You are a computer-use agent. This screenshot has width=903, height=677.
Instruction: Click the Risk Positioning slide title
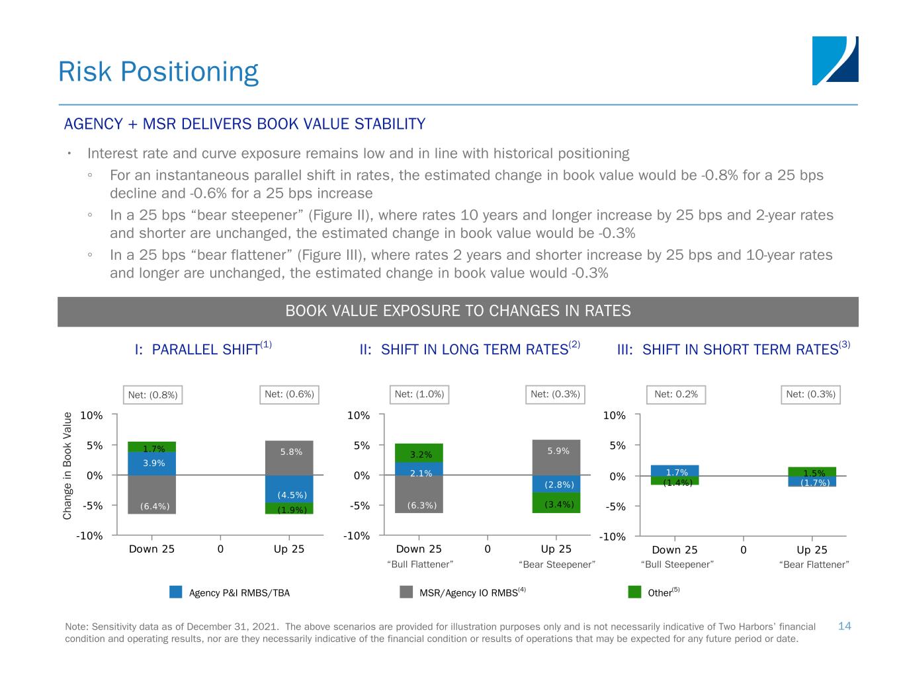click(x=158, y=72)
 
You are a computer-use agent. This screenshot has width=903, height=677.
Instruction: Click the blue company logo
click(x=835, y=61)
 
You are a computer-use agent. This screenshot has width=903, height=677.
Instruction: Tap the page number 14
click(x=844, y=626)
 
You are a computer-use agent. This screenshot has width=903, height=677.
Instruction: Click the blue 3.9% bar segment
click(x=151, y=463)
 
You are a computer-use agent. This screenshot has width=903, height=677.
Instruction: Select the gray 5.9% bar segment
click(x=556, y=457)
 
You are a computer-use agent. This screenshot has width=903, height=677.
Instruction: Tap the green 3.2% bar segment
click(x=419, y=453)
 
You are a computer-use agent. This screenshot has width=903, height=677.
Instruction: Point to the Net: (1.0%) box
click(x=419, y=395)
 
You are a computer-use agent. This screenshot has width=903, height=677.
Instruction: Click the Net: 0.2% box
click(x=675, y=395)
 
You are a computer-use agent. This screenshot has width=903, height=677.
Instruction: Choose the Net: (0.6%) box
click(x=289, y=395)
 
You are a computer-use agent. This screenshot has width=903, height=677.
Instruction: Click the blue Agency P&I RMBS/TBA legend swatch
click(x=176, y=592)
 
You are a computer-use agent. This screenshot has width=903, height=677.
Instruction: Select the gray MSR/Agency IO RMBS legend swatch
click(x=406, y=592)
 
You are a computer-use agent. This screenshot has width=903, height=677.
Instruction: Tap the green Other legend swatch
click(x=634, y=592)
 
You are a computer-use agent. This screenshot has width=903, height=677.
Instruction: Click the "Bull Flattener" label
click(x=419, y=565)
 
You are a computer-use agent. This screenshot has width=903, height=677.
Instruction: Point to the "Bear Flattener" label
click(x=814, y=565)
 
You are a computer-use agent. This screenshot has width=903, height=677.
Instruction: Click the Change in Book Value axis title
click(x=67, y=465)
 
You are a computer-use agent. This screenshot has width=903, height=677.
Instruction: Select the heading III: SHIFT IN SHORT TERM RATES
click(x=733, y=349)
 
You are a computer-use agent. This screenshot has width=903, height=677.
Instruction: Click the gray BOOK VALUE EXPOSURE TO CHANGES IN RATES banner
click(x=458, y=311)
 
